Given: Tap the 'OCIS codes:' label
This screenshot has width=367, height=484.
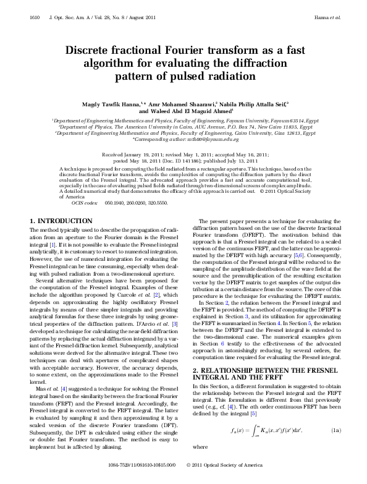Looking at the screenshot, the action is (x=85, y=185).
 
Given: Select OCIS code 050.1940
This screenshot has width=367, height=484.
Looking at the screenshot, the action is (x=115, y=185).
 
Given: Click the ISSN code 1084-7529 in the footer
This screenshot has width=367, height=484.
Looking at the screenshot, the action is (x=120, y=480).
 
